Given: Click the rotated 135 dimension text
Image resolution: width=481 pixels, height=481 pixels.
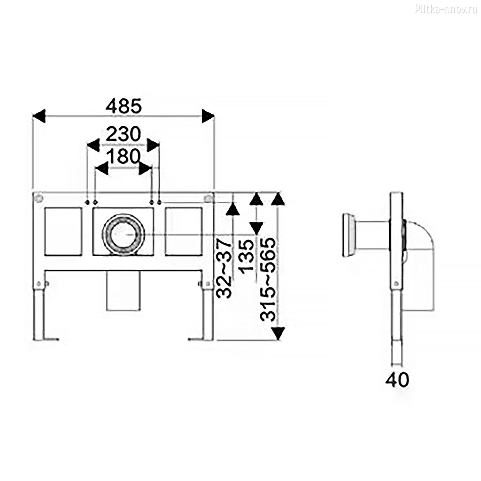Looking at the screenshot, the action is pos(247,257).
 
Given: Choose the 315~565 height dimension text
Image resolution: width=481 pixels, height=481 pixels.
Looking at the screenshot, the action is pos(268,279).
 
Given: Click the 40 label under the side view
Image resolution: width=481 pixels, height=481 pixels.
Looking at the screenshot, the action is pos(397,380).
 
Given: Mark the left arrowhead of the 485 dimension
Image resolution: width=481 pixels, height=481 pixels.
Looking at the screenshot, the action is pos(39,116).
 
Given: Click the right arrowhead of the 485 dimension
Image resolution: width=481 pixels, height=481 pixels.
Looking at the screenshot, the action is pos(208,116).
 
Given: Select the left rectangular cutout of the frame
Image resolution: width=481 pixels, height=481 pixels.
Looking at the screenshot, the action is pos(63,232).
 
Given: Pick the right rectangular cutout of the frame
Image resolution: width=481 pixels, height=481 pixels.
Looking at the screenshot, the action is pos(183,232).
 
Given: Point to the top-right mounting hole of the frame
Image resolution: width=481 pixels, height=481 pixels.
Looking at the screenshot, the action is pos(208,198).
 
